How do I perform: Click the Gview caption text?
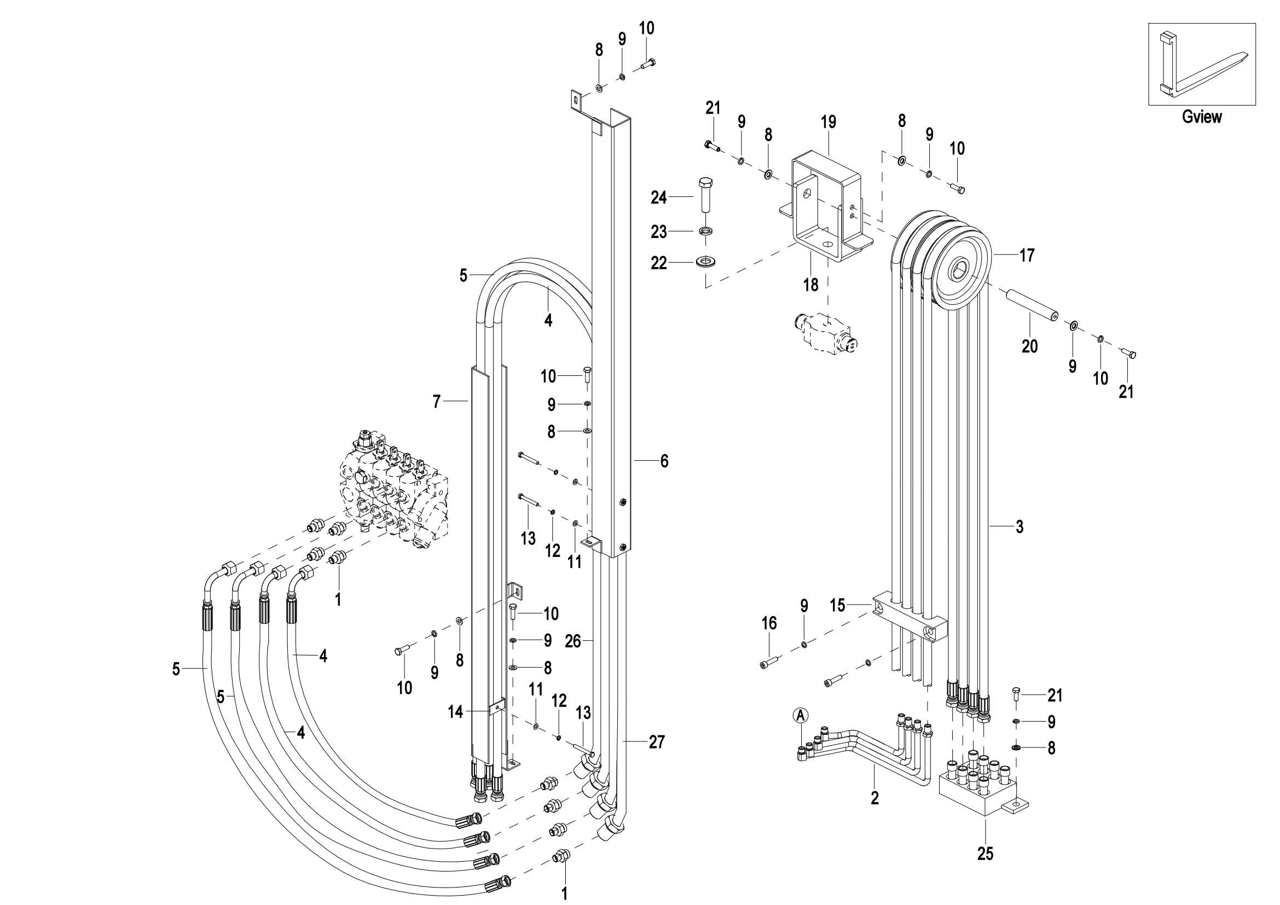1201,117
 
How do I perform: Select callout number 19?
829,122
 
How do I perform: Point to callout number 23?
659,232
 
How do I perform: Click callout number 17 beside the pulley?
1027,255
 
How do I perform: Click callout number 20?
1030,346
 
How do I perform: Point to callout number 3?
1020,526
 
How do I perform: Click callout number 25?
985,854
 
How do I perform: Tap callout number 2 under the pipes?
874,798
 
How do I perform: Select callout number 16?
769,623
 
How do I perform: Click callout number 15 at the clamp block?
838,605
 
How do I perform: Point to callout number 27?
657,742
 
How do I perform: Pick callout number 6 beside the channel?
664,461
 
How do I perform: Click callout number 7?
437,401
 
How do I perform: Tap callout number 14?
455,712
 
